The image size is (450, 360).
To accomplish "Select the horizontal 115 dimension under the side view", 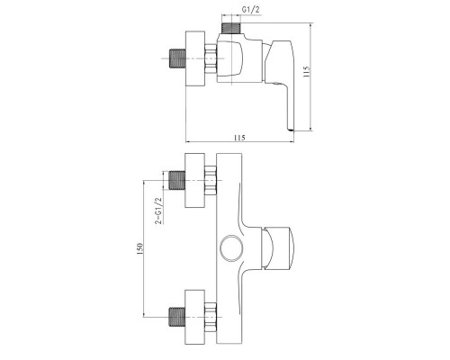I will tap(238, 136).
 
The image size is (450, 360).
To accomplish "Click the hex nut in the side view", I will tap(211, 60).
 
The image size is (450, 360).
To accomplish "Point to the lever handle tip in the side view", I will tap(290, 125).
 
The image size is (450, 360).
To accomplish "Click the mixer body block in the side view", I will tap(238, 61).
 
